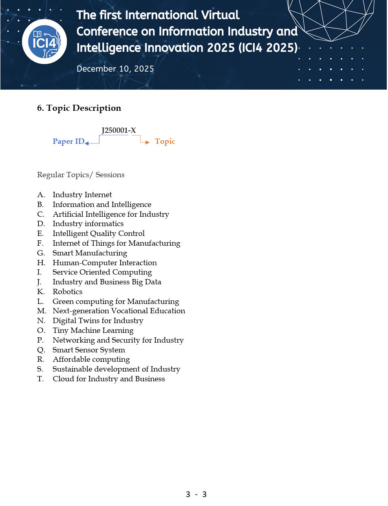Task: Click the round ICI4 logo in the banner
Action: click(x=44, y=42)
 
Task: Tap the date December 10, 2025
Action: click(x=115, y=69)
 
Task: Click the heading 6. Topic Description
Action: click(x=79, y=108)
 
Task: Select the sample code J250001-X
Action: click(x=119, y=130)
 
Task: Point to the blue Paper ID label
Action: click(x=68, y=142)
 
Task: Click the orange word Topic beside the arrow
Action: click(x=165, y=141)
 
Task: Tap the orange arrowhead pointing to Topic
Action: click(x=148, y=142)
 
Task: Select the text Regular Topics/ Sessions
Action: click(x=81, y=175)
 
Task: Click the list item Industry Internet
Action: click(x=82, y=195)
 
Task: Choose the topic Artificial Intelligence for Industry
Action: click(x=110, y=214)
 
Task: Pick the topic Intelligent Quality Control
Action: click(x=98, y=233)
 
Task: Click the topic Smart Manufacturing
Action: click(x=90, y=253)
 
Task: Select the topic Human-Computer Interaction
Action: click(x=104, y=263)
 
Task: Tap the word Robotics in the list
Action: click(x=67, y=292)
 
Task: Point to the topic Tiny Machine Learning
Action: click(x=93, y=330)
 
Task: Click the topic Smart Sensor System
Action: click(x=88, y=350)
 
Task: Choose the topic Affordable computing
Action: click(x=91, y=359)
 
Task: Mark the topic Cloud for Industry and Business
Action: click(x=108, y=379)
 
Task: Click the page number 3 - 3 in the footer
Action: click(x=196, y=495)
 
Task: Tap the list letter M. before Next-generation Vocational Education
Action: click(x=41, y=311)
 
